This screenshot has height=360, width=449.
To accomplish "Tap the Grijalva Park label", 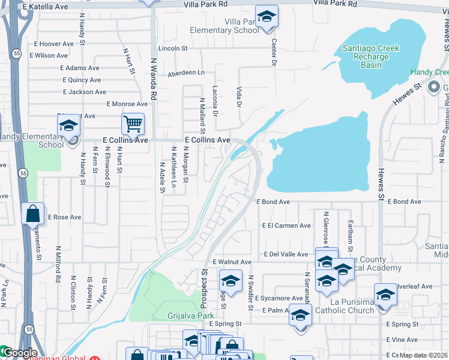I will pos(182,314).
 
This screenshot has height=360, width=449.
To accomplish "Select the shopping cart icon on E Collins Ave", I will pos(133,125).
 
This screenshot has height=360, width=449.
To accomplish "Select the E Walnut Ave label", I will pos(232,262).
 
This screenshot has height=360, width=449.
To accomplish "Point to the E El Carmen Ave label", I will pos(286,226).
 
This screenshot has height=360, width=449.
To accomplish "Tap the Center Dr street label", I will pos(274,52).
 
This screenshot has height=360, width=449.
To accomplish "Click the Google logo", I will pos(19,353).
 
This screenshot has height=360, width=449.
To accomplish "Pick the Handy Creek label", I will pos(429,72).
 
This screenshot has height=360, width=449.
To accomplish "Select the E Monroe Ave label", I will pos(127,104).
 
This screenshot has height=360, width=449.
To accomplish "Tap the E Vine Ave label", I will pos(402,340).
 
